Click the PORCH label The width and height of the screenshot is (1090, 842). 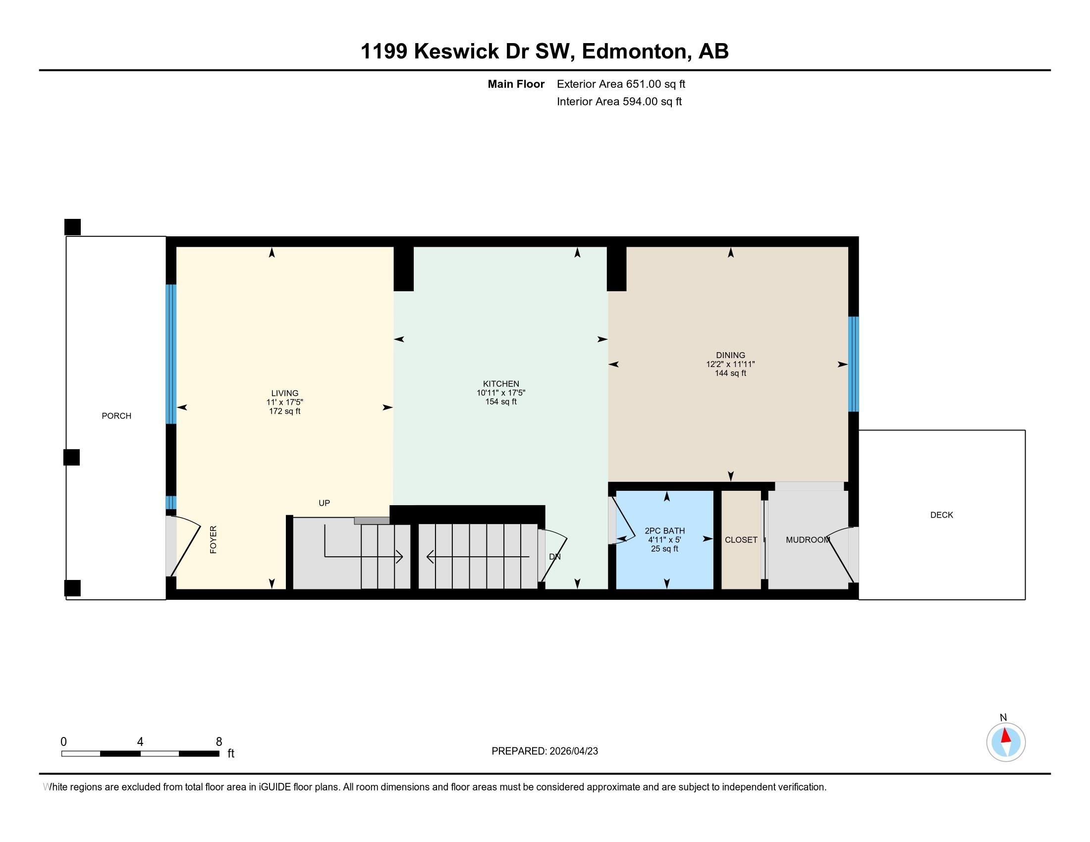(116, 416)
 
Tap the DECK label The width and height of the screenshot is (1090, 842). (941, 515)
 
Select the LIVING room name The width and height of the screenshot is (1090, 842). (284, 393)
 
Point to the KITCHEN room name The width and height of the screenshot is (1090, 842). (500, 383)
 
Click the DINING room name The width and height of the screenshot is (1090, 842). (730, 356)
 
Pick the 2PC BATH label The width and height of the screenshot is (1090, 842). (664, 531)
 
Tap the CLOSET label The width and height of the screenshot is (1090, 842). (741, 540)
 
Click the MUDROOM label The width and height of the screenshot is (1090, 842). (808, 540)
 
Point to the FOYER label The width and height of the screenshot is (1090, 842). (213, 540)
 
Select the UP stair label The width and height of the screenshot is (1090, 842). (324, 503)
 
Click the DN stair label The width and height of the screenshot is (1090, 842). (554, 557)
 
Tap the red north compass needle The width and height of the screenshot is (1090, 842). (1005, 736)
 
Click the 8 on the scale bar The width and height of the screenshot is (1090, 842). (218, 742)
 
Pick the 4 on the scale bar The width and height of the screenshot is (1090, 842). (140, 742)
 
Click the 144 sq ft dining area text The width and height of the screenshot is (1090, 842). (730, 373)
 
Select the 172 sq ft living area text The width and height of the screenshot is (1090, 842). (284, 411)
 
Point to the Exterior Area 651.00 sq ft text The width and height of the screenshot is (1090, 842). (621, 84)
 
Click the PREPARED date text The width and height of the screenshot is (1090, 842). (545, 751)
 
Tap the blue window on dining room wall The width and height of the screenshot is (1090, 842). (854, 364)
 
